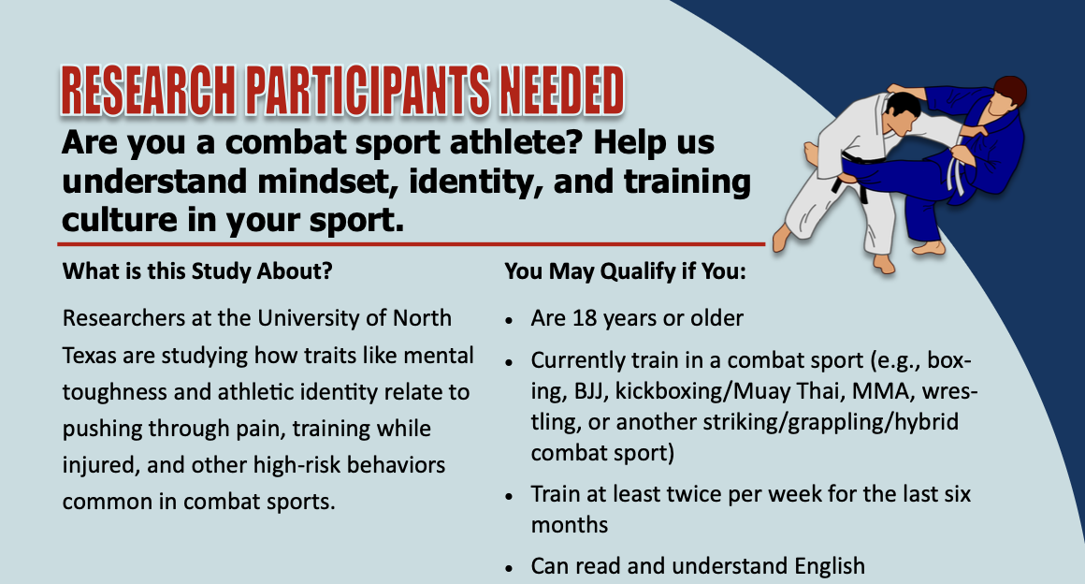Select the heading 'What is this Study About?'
point(197,272)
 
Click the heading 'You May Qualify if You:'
point(625,272)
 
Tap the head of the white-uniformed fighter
point(902,112)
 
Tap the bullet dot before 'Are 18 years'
point(510,320)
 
